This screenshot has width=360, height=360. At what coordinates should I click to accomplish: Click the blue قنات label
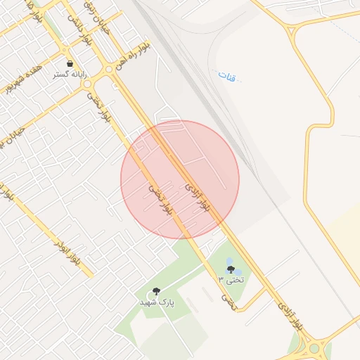226,74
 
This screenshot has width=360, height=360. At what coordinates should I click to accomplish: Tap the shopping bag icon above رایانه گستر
70,64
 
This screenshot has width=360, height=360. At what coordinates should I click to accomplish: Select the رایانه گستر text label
70,74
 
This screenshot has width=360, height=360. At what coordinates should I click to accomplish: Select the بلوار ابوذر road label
68,254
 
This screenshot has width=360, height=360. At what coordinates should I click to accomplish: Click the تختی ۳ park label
231,280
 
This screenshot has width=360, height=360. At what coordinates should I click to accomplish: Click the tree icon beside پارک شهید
156,291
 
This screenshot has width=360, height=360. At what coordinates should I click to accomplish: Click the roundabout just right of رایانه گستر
88,84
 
